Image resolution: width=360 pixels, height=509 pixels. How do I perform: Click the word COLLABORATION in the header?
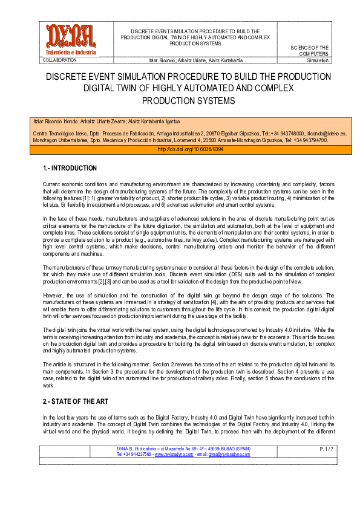coord(60,60)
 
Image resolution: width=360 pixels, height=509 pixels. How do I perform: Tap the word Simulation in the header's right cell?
coord(318,60)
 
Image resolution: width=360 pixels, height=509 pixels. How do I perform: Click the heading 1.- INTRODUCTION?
coord(70,167)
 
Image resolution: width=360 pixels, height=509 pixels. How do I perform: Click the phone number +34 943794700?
coord(308,140)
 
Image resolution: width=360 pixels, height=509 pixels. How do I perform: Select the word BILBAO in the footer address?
coord(222,449)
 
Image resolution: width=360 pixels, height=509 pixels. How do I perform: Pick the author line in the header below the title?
coord(188,60)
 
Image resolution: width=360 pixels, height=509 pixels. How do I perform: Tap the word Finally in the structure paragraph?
coord(231,379)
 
